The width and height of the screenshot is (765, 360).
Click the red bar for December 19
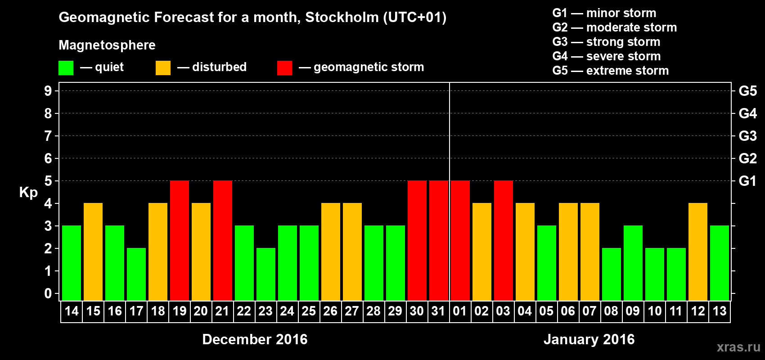click(x=180, y=241)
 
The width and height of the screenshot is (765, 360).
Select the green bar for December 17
click(x=136, y=274)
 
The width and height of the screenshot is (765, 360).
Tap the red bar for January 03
click(x=504, y=241)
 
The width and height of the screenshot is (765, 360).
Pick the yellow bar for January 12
click(x=698, y=252)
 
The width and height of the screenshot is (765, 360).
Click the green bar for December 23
click(x=266, y=274)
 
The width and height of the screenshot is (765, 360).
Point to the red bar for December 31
click(x=439, y=241)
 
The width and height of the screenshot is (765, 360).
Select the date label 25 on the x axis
click(x=309, y=311)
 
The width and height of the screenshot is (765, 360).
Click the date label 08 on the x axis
click(x=611, y=311)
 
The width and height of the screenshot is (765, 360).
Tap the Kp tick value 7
click(x=48, y=136)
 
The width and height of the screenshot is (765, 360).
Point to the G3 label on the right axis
click(x=747, y=136)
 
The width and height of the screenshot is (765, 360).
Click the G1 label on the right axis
click(x=747, y=181)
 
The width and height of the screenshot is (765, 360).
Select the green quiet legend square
click(x=66, y=68)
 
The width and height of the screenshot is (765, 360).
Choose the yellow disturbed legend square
click(x=163, y=68)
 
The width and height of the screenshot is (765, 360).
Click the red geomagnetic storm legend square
click(x=284, y=68)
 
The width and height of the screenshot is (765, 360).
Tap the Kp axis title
click(x=28, y=192)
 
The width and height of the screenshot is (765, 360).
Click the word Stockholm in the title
click(x=342, y=17)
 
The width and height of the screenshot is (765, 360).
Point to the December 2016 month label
click(x=255, y=339)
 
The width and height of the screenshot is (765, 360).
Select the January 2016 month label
click(x=589, y=339)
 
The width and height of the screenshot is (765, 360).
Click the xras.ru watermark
click(x=738, y=347)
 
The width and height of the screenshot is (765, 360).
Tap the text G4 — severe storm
click(x=606, y=56)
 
